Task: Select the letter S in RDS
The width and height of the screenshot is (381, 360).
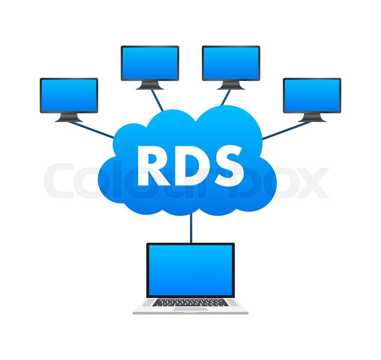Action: (x=228, y=166)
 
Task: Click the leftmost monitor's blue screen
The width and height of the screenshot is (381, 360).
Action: (x=69, y=95)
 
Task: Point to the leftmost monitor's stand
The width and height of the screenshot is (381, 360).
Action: (x=69, y=118)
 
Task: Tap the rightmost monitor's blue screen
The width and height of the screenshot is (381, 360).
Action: (x=312, y=95)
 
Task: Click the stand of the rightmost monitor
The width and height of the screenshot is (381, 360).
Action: (x=312, y=118)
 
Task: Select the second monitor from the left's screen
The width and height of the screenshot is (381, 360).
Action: (x=150, y=63)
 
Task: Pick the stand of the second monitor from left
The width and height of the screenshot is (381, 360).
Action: (x=150, y=85)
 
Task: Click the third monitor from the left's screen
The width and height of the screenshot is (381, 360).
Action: (x=231, y=63)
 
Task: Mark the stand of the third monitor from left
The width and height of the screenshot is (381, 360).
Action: (x=231, y=85)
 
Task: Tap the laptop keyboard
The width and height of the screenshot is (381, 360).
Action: (x=190, y=303)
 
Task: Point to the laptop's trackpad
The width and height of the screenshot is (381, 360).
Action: (x=190, y=309)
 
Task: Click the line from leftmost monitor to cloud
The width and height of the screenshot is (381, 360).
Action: (x=91, y=130)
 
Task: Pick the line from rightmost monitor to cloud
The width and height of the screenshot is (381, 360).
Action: (x=287, y=130)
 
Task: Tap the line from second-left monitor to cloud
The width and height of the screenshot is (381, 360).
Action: (x=157, y=100)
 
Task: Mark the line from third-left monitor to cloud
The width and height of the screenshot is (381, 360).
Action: (x=226, y=98)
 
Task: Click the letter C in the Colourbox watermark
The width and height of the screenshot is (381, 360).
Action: (x=60, y=180)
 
